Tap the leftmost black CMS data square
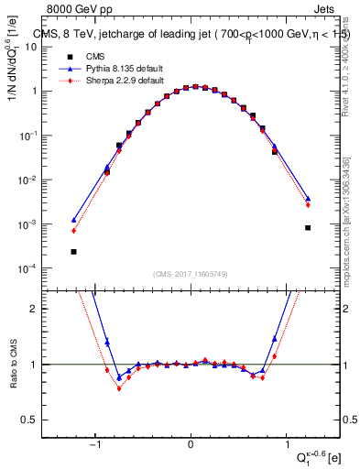pyautogui.click(x=73, y=251)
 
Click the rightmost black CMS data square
pyautogui.click(x=308, y=227)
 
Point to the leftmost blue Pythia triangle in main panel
pyautogui.click(x=73, y=220)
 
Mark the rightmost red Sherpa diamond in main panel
pyautogui.click(x=308, y=205)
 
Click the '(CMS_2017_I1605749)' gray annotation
pyautogui.click(x=190, y=275)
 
